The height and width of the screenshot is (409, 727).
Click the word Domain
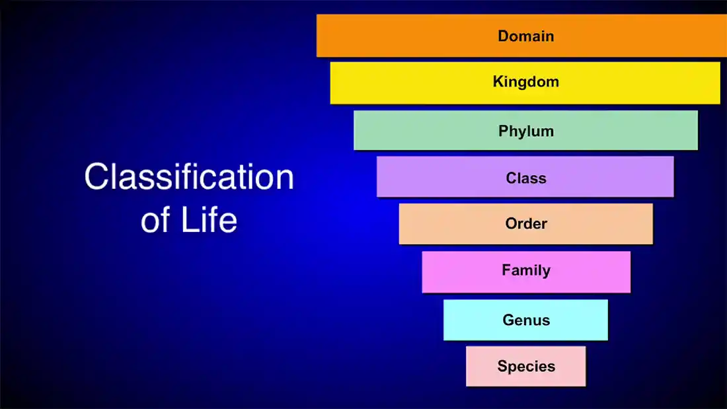(x=526, y=36)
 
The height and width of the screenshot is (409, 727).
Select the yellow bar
(x=525, y=83)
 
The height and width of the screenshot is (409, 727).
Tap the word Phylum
(x=526, y=131)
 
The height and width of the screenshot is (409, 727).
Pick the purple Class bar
(x=525, y=176)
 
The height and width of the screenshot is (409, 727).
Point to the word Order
(x=526, y=223)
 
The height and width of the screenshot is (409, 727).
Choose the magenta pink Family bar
(x=526, y=272)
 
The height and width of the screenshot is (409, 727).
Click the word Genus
(x=526, y=320)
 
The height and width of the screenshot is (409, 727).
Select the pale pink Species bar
(x=526, y=366)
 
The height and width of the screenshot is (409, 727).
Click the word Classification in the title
(x=189, y=176)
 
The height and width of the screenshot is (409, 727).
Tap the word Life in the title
(x=209, y=219)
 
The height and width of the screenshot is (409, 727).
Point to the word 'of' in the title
(x=155, y=219)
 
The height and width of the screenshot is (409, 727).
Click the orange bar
(x=521, y=36)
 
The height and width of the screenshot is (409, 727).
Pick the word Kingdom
(x=526, y=82)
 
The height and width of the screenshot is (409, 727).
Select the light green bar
(x=525, y=130)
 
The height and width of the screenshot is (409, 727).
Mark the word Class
(x=526, y=178)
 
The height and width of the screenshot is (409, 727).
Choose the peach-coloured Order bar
(x=526, y=224)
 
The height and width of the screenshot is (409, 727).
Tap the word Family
(x=526, y=270)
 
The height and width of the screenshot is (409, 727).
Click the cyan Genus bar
(x=525, y=320)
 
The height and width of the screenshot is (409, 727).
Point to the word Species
(x=526, y=367)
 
